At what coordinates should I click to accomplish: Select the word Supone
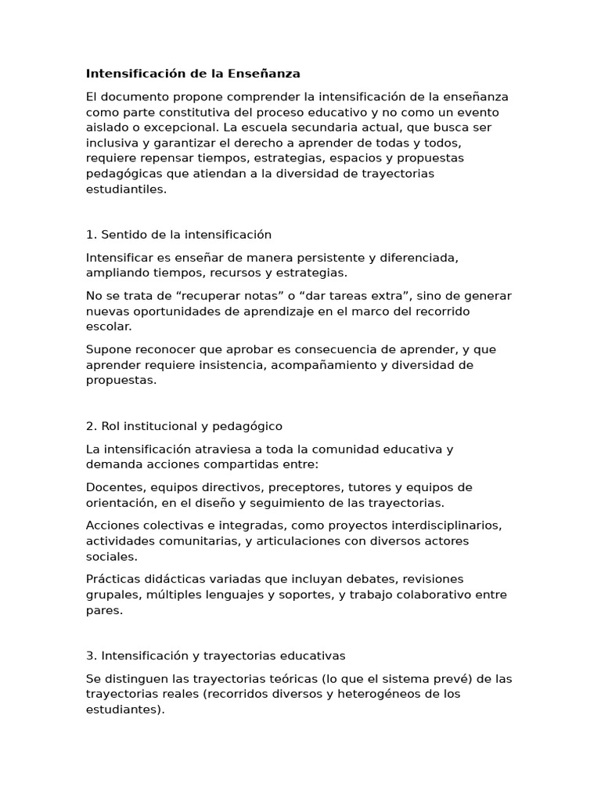pyautogui.click(x=106, y=349)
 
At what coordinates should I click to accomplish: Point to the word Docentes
pyautogui.click(x=114, y=487)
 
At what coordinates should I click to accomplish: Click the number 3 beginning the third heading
pyautogui.click(x=89, y=656)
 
